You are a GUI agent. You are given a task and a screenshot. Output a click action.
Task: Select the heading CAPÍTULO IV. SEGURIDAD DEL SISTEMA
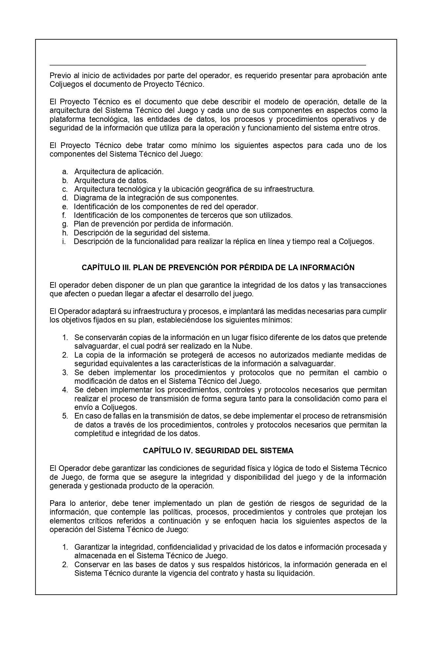tap(218, 451)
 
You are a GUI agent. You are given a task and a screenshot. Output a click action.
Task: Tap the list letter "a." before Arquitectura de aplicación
tap(65, 172)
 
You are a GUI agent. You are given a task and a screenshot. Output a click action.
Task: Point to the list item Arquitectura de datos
tap(111, 180)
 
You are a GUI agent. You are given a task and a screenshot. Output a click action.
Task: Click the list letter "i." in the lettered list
tap(63, 241)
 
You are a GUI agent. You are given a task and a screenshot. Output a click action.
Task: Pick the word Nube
tap(243, 346)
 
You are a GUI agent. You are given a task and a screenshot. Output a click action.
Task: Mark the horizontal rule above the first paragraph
tap(208, 65)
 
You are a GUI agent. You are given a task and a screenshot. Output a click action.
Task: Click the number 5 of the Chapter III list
tap(65, 416)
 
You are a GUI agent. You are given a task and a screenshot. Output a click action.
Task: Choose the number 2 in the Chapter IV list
tap(65, 565)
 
